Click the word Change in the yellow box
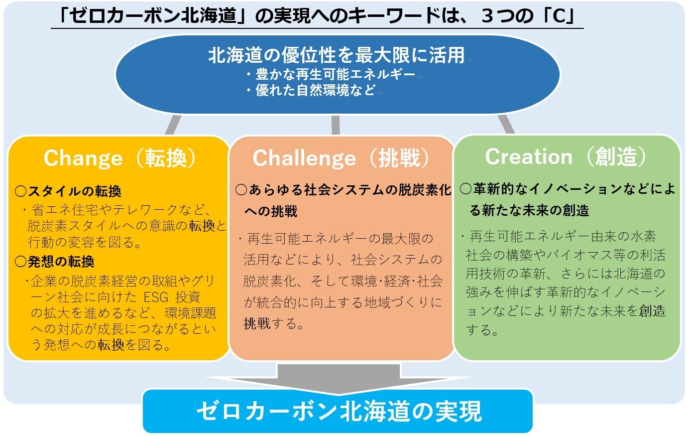[83, 158]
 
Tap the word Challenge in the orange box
[304, 158]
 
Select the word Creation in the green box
[529, 156]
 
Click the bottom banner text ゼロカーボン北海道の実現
[339, 411]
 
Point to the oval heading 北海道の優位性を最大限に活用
[337, 55]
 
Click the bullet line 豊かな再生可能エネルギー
[331, 74]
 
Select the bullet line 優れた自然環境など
[311, 90]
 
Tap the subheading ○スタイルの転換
[68, 191]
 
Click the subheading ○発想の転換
[54, 262]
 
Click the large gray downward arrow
[339, 380]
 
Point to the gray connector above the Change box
[173, 125]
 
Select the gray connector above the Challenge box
[336, 125]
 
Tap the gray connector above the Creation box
[506, 125]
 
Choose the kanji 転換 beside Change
[166, 158]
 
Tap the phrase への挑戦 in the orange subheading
[271, 211]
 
